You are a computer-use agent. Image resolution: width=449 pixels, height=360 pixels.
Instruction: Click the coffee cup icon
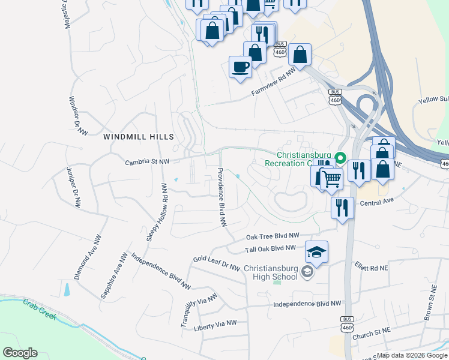[x=240, y=66]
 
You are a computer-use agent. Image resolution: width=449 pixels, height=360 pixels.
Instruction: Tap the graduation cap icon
[x=316, y=251]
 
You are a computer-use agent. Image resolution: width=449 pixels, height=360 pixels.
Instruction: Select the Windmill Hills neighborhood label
[x=139, y=137]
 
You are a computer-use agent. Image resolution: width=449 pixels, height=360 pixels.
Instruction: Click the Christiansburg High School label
[x=271, y=272]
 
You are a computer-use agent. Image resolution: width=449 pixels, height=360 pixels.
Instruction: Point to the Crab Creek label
[x=40, y=309]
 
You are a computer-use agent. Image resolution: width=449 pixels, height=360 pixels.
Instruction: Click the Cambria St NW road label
[x=147, y=162]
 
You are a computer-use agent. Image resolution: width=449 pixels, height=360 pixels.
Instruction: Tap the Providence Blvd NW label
[x=221, y=197]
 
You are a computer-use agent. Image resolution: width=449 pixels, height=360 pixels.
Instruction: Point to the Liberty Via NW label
[x=215, y=325]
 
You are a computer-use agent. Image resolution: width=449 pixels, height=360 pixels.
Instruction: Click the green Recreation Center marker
[x=340, y=158]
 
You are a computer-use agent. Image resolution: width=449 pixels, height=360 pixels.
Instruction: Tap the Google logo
[x=20, y=353]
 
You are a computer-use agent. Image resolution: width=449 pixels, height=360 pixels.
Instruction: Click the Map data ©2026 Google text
[x=412, y=355]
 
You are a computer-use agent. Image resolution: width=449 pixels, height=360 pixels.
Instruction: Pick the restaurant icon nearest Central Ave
[x=342, y=208]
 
